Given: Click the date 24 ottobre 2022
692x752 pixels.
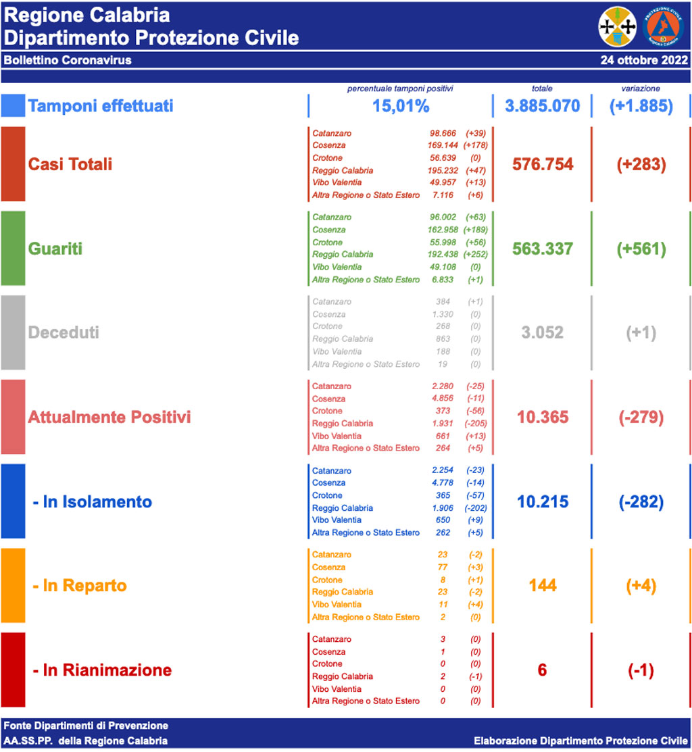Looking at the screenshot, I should pos(644,60).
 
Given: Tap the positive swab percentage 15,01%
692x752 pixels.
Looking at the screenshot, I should pos(401,106).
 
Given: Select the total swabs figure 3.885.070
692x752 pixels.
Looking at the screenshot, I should pos(543,106).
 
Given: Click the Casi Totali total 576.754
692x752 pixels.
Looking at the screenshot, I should pos(543,164).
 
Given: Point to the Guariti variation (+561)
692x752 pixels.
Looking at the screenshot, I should pos(641,249).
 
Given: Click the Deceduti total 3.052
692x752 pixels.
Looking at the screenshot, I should pos(543,332).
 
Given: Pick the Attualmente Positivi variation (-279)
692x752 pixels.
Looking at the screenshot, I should pos(641,417).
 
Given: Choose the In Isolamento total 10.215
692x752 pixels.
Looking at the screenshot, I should pos(543,501).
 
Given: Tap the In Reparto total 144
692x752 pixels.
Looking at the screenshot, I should pos(543,585).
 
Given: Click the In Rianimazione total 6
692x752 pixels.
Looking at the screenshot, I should pos(542,670).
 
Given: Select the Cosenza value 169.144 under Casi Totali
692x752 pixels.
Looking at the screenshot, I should pos(443,145).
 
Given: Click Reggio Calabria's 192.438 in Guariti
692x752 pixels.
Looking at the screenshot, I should pos(443,255).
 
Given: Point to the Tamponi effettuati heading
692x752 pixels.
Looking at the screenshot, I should pos(101,106).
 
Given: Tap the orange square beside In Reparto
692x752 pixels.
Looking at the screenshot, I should pos(13,585).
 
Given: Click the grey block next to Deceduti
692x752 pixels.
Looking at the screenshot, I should pos(13,332).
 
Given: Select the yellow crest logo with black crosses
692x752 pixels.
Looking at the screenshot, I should pos(618,26).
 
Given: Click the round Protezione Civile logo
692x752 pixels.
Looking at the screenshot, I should pos(665,26).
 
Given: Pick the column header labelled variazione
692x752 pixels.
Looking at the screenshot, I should pos(641,89).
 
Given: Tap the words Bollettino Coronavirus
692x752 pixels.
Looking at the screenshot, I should pos(68,60).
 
